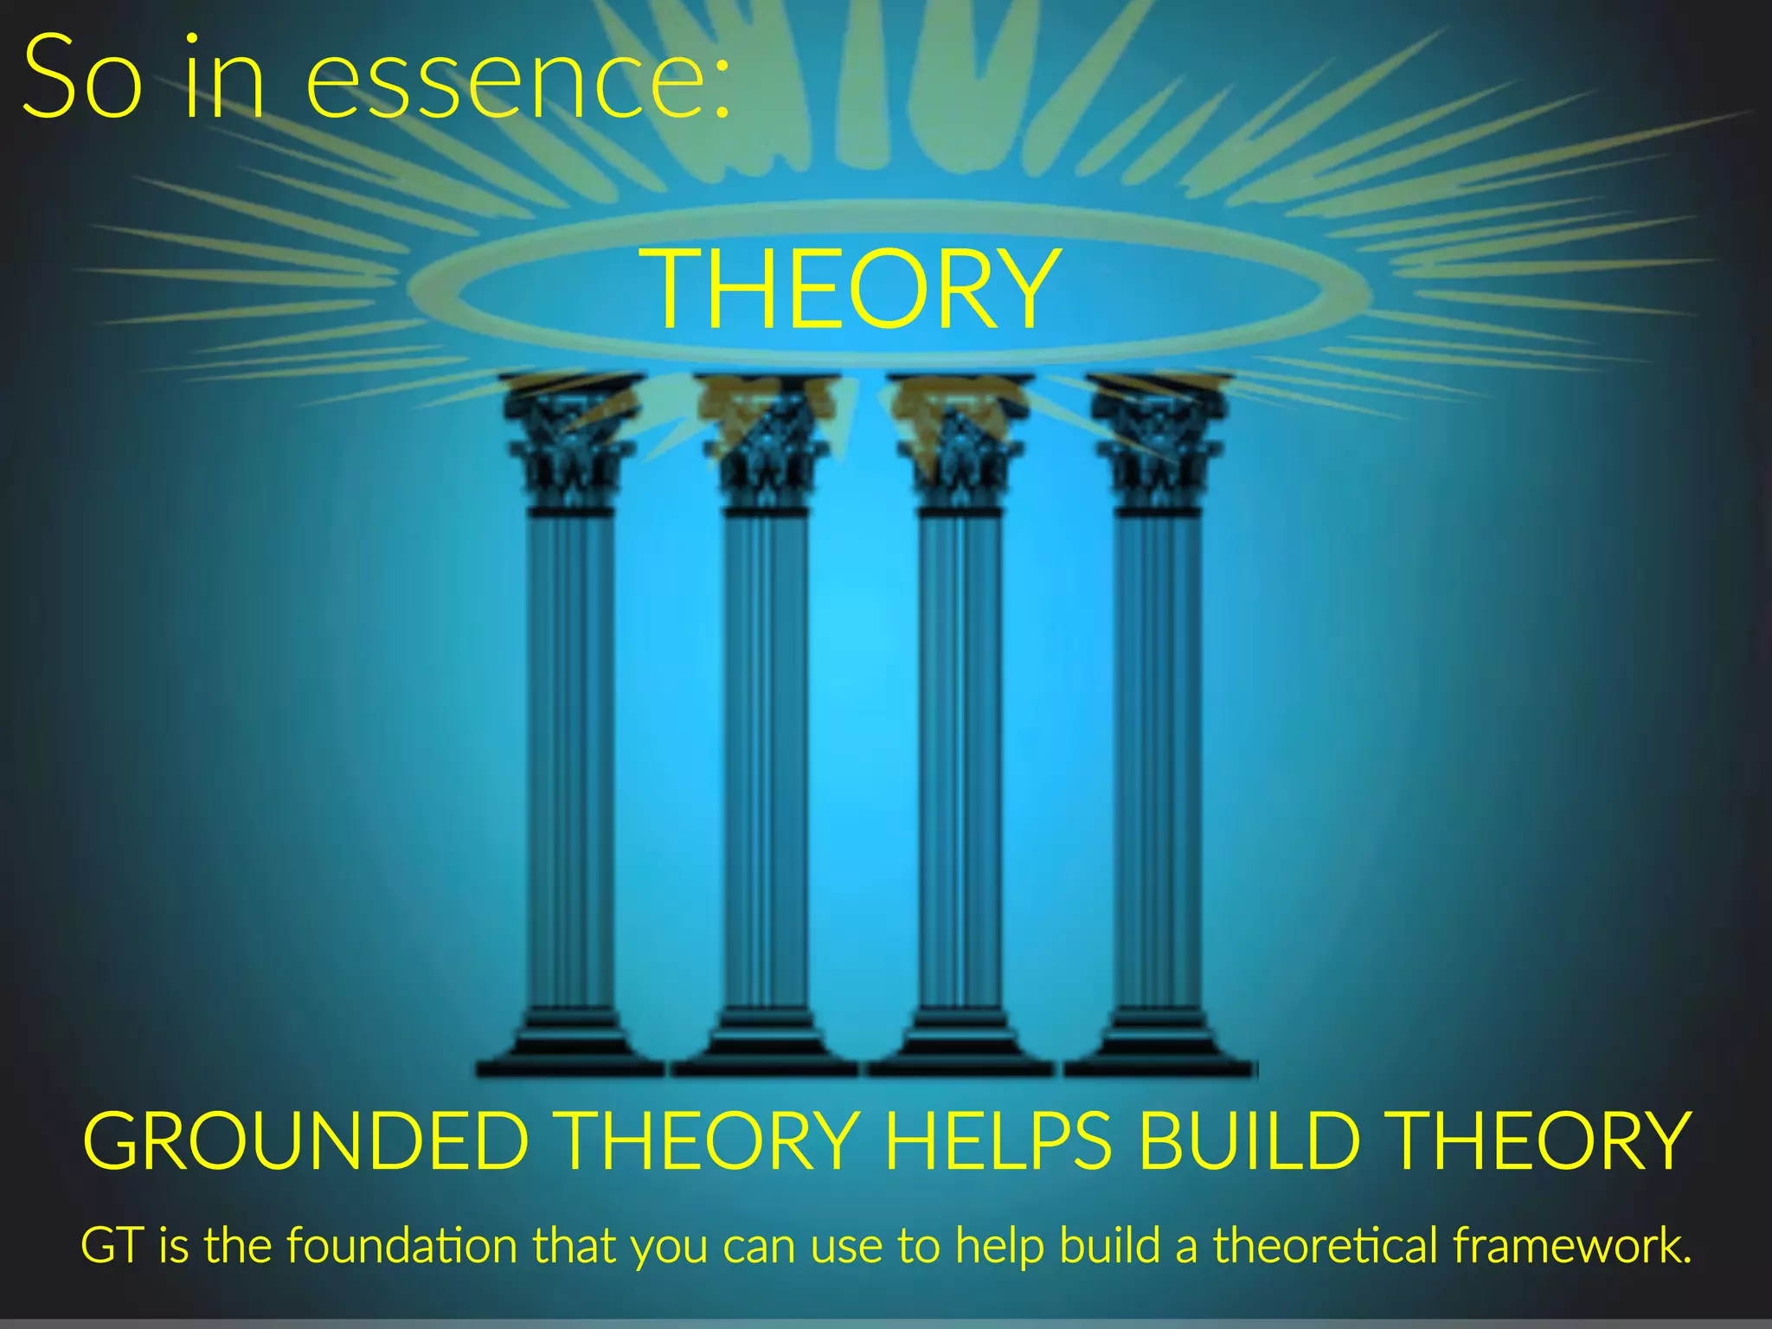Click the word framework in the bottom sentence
(x=1570, y=1245)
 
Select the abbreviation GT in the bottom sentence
(x=111, y=1246)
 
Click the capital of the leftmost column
(x=571, y=441)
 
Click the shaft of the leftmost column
(x=571, y=761)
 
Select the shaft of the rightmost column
(x=1158, y=761)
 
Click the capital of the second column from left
(x=767, y=441)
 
